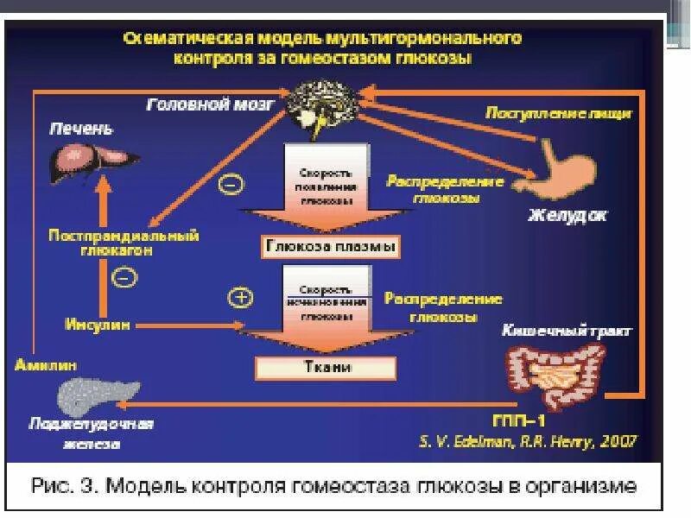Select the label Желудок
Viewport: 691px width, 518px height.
[x=567, y=215]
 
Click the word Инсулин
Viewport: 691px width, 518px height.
[x=98, y=325]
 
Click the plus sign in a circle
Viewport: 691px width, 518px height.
[x=239, y=297]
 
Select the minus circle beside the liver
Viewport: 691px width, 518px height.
[x=231, y=183]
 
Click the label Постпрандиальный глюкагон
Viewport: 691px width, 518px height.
[x=124, y=242]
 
